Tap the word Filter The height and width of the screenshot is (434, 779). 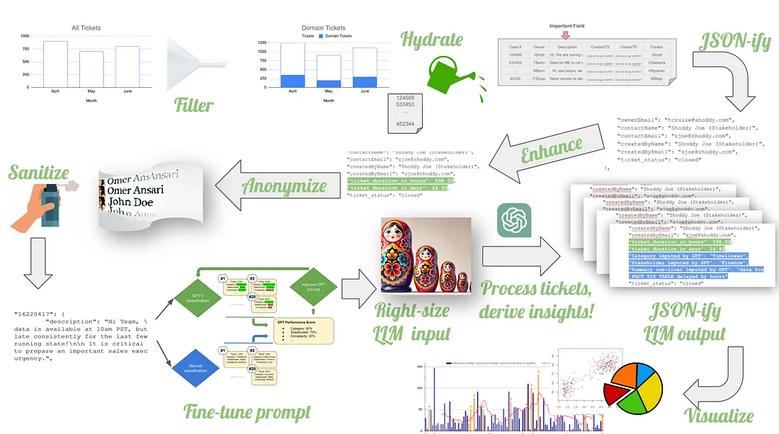coord(194,105)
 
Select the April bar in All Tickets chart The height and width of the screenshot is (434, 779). coord(55,64)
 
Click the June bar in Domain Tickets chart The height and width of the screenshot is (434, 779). coord(365,68)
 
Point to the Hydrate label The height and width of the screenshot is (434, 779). coord(431,39)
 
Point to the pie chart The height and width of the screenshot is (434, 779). coord(632,389)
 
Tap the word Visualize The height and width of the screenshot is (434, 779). coord(719,416)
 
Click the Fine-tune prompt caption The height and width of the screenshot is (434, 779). coord(246,411)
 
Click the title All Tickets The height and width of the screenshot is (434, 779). coord(86,28)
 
